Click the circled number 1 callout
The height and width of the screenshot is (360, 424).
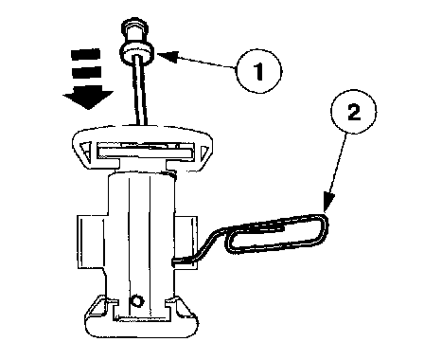258,71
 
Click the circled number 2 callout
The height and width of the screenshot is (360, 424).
353,111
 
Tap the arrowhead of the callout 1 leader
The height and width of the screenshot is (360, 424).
168,56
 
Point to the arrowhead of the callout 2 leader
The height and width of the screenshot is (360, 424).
328,202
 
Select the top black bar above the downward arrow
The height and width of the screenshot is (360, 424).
86,54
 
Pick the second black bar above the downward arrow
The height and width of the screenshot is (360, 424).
86,72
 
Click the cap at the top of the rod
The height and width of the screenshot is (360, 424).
134,30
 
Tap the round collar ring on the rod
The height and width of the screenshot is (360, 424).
137,53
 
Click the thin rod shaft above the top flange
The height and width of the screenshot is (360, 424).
141,92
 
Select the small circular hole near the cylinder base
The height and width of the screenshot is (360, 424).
137,301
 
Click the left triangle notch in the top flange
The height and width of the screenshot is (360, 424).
85,151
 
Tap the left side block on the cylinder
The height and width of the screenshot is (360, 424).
92,243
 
